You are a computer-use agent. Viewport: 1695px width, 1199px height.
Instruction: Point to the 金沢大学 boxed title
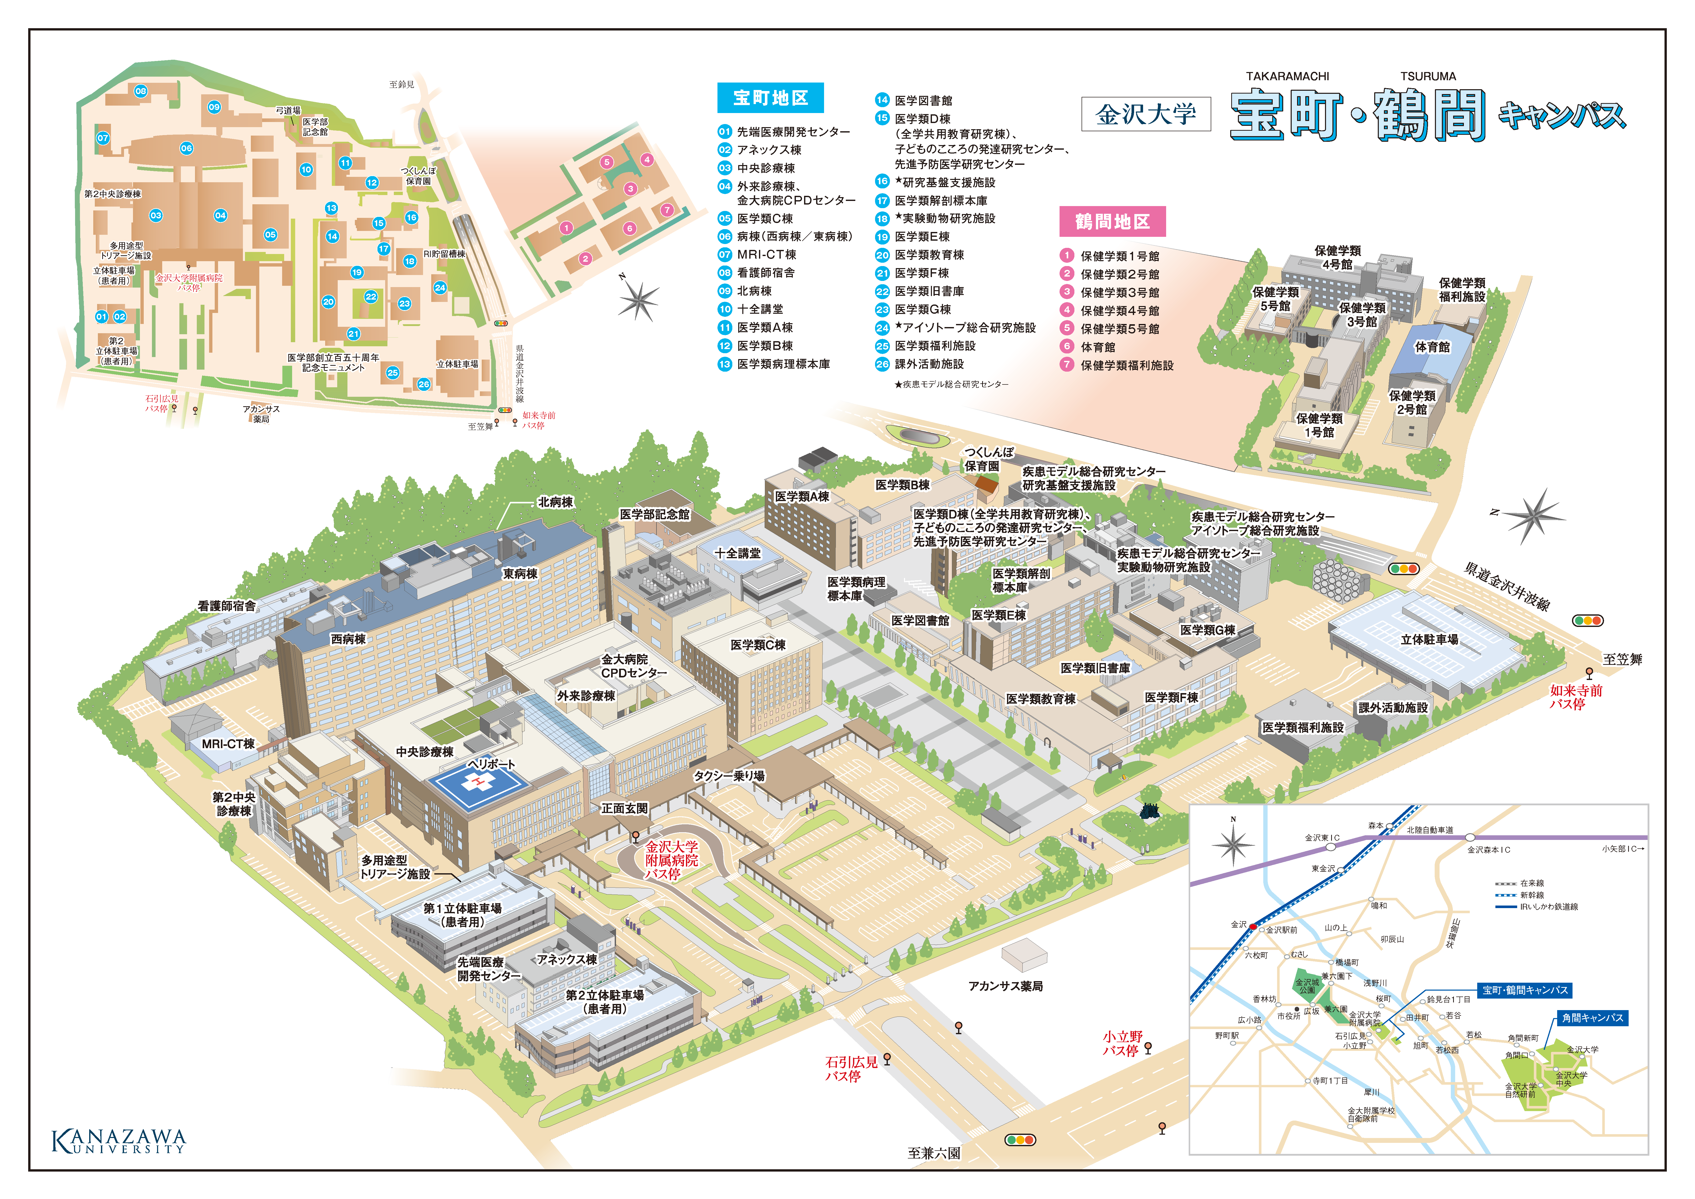coord(1146,114)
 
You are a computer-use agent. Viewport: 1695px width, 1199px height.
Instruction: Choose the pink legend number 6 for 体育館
coord(1067,346)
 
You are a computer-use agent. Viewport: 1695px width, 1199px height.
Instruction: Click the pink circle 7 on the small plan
coord(667,210)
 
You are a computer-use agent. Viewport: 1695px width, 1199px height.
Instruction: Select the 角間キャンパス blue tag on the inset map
coord(1593,1018)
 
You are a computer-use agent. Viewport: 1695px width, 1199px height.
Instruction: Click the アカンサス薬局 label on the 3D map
coord(1005,986)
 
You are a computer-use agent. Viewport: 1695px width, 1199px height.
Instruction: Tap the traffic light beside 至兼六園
coord(1020,1140)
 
